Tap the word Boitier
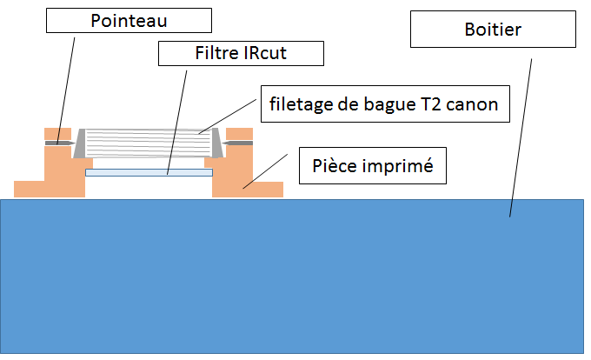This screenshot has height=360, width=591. coord(492,31)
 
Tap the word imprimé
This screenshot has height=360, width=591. coord(402,165)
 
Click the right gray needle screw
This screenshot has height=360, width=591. coord(237,143)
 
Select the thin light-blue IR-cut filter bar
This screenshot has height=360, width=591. coord(149,172)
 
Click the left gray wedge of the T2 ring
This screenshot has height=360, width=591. coord(80,144)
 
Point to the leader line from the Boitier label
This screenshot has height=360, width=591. coord(520,130)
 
